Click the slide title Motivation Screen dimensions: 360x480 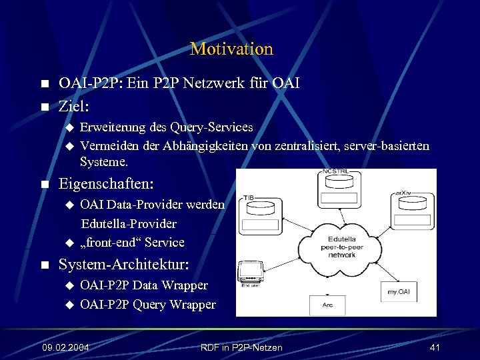pyautogui.click(x=231, y=49)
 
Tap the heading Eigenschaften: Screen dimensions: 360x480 pyautogui.click(x=106, y=183)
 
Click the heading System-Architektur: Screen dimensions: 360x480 pyautogui.click(x=124, y=265)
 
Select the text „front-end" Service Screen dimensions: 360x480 pyautogui.click(x=132, y=242)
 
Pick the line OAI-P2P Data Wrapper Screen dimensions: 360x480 pyautogui.click(x=143, y=285)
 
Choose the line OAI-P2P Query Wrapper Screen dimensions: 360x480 pyautogui.click(x=147, y=305)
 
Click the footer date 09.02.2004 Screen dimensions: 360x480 pyautogui.click(x=65, y=347)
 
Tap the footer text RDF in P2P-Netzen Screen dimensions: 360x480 pyautogui.click(x=241, y=347)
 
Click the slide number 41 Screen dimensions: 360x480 pyautogui.click(x=435, y=347)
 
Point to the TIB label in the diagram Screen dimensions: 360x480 pyautogui.click(x=248, y=198)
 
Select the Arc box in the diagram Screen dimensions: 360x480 pyautogui.click(x=327, y=305)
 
